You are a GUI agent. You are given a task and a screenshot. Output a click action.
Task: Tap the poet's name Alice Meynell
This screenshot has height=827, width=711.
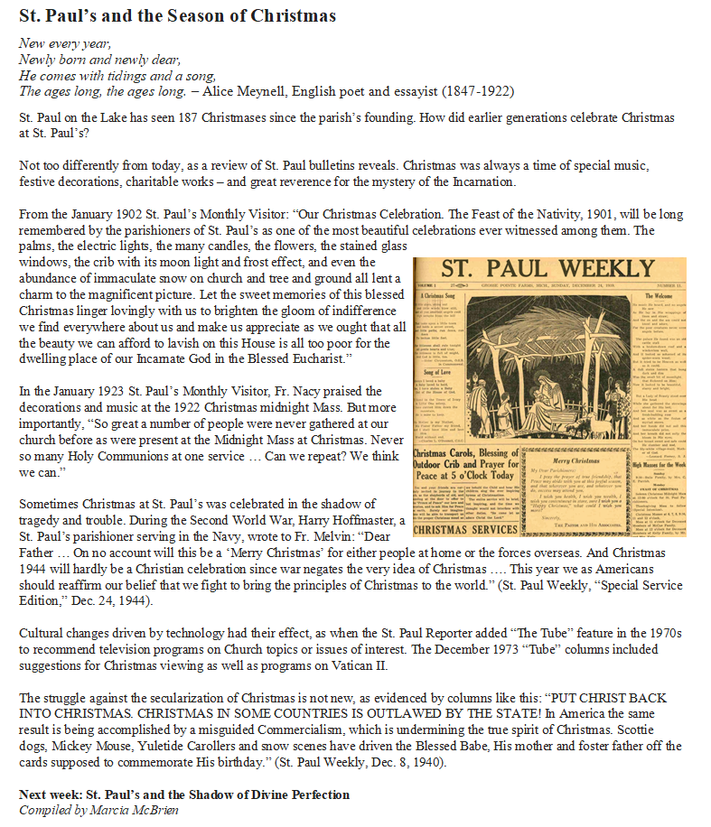coord(248,91)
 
